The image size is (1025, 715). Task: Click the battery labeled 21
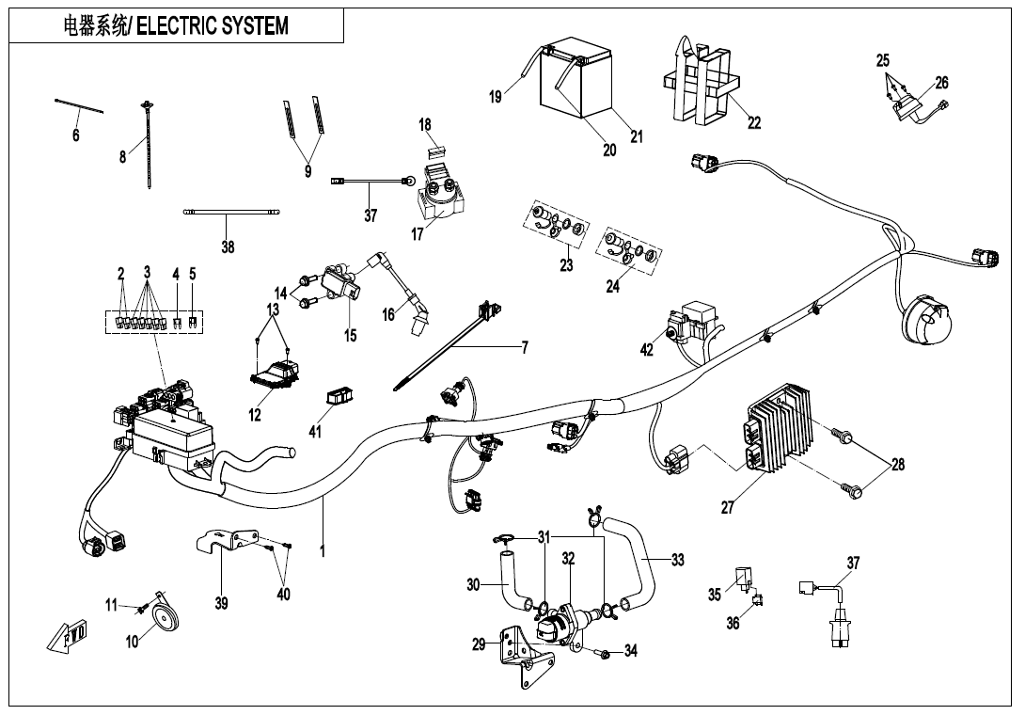[576, 81]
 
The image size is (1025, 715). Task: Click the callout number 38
[228, 246]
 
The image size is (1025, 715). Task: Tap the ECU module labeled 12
[272, 372]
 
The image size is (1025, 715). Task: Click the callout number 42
[646, 350]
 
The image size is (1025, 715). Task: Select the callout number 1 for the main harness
[322, 551]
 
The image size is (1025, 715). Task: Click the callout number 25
[882, 61]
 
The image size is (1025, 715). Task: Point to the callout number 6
[76, 135]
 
